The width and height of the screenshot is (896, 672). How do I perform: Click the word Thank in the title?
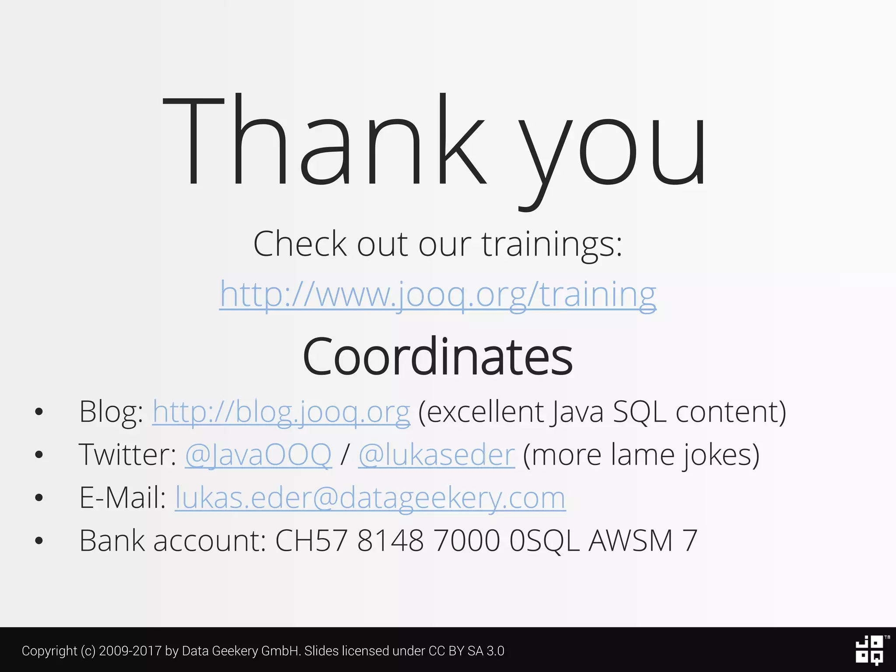point(324,140)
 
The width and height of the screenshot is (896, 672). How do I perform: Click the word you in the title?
point(612,149)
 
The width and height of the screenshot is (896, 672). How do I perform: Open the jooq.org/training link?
point(437,294)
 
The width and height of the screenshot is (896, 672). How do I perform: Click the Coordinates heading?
point(437,357)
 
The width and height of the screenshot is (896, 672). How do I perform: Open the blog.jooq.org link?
point(281,412)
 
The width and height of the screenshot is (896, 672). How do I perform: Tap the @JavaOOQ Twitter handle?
point(258,455)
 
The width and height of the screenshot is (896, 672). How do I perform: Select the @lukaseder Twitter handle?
point(436,455)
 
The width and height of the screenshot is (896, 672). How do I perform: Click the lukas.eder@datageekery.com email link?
point(370,498)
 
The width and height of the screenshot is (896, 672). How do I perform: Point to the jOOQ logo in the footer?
point(870,650)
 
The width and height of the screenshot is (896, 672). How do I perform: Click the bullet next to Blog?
point(39,412)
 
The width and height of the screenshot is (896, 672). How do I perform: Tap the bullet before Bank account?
point(39,541)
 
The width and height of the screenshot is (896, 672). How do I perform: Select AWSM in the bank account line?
point(630,541)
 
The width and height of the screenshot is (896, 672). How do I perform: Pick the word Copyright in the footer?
point(49,651)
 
